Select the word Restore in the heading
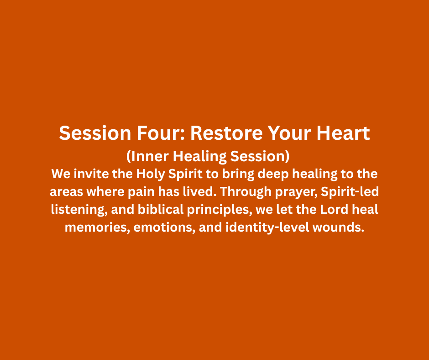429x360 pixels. (x=226, y=133)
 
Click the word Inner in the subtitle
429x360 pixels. (x=150, y=156)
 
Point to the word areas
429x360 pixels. (x=66, y=192)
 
